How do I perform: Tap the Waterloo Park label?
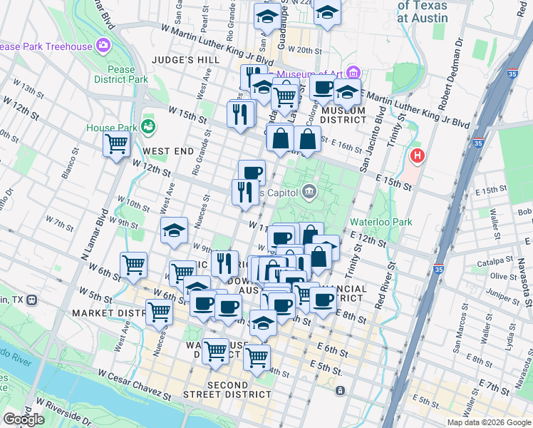pos(381,222)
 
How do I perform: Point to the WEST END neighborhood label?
pos(167,151)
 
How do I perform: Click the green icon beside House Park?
pos(149,127)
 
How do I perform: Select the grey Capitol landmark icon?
pos(309,190)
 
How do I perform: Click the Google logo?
pos(24,419)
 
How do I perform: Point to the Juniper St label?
pos(502,291)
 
